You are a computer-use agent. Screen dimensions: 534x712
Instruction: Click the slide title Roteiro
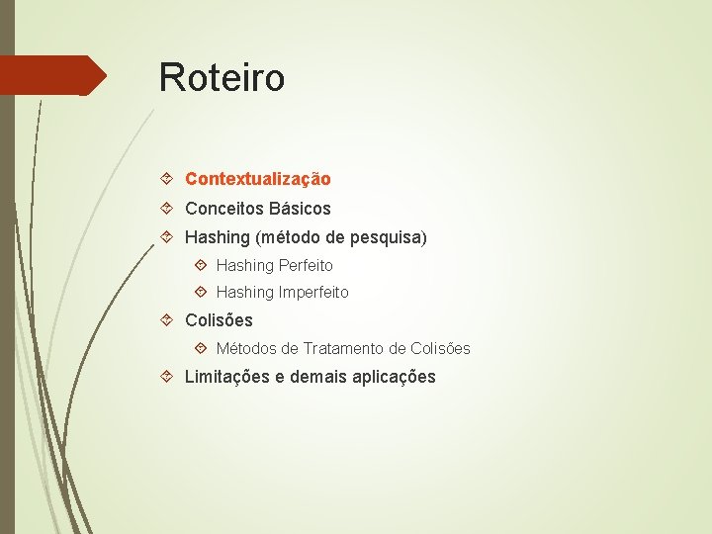pyautogui.click(x=222, y=77)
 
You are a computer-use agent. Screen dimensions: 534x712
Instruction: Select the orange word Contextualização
pyautogui.click(x=257, y=179)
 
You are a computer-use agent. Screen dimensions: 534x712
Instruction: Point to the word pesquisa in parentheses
pyautogui.click(x=387, y=237)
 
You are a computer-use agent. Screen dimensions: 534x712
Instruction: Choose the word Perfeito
pyautogui.click(x=306, y=265)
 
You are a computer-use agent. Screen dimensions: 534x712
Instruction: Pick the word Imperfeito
pyautogui.click(x=313, y=292)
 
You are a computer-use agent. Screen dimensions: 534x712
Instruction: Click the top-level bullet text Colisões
pyautogui.click(x=219, y=320)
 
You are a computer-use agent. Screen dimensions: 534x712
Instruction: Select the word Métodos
pyautogui.click(x=246, y=348)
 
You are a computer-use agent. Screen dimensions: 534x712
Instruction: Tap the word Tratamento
pyautogui.click(x=344, y=348)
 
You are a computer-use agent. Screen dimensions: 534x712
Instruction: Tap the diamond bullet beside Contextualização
pyautogui.click(x=168, y=179)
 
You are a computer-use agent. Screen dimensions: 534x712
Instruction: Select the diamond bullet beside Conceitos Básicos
pyautogui.click(x=168, y=209)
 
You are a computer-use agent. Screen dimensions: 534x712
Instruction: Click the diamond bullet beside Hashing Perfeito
pyautogui.click(x=201, y=265)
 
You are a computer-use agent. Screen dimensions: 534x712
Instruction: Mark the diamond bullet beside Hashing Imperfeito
pyautogui.click(x=201, y=292)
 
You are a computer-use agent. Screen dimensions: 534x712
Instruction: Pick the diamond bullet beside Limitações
pyautogui.click(x=168, y=377)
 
